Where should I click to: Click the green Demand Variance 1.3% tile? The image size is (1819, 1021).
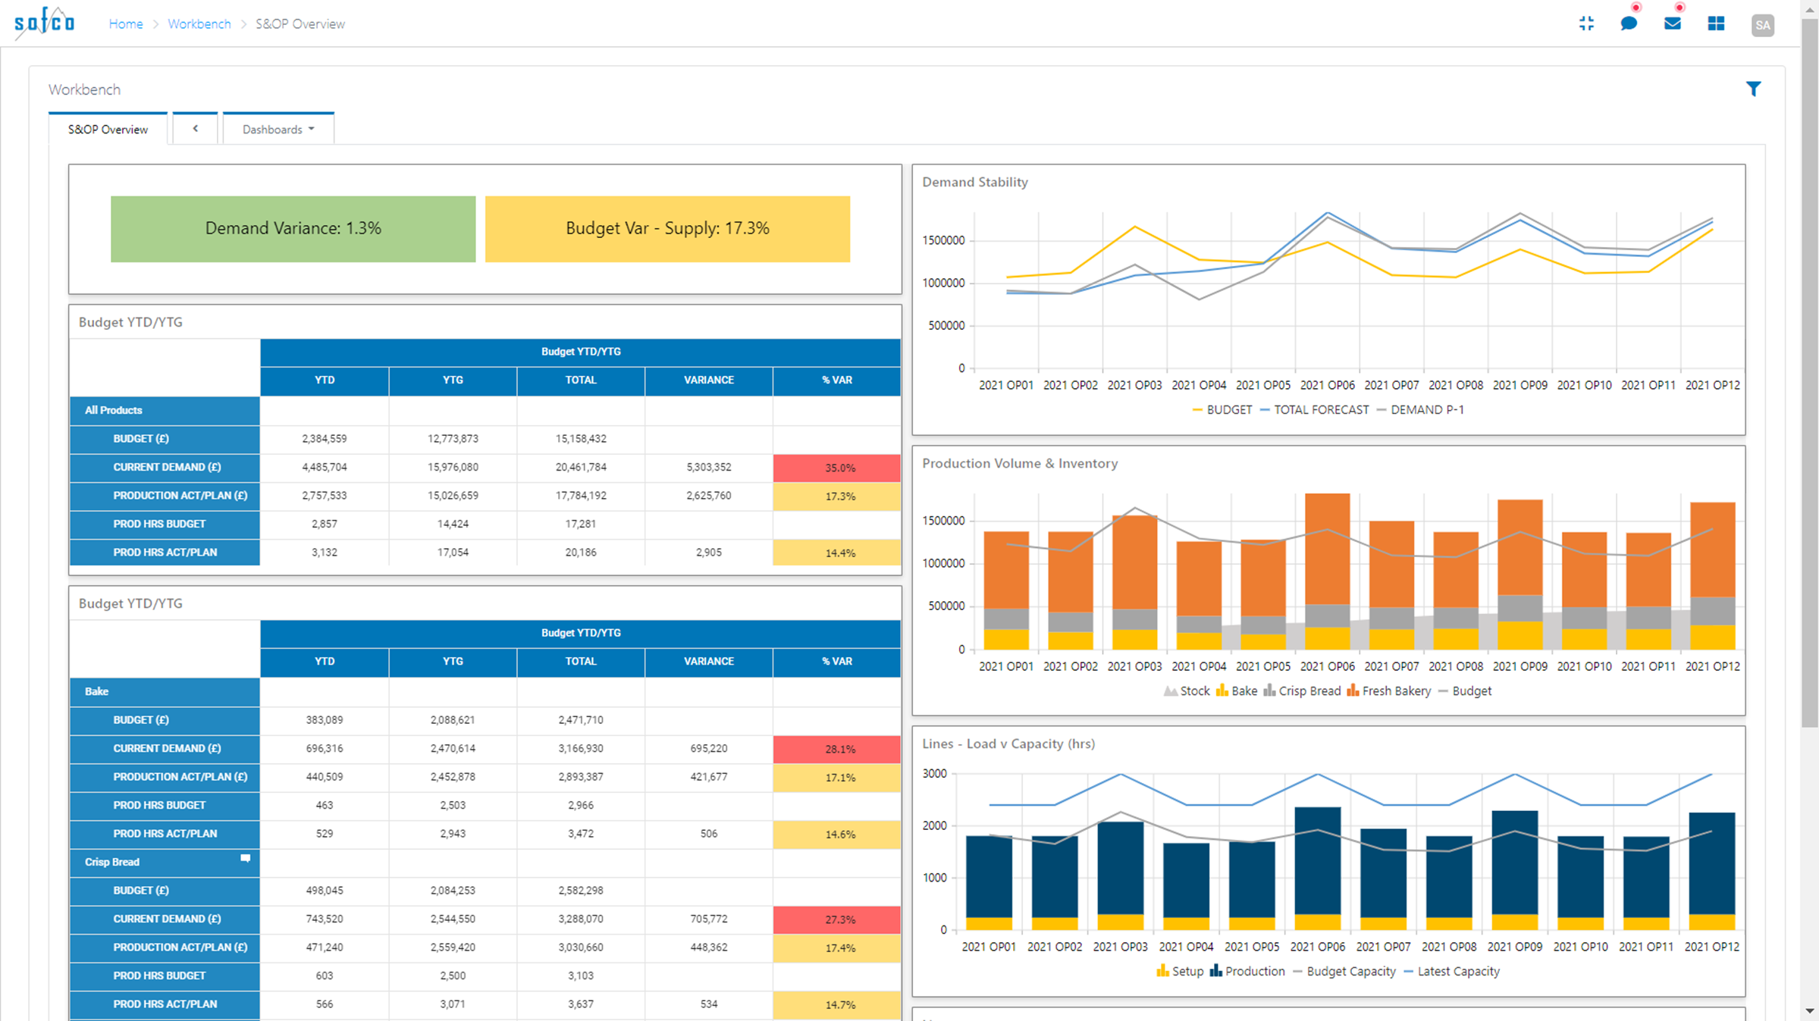293,229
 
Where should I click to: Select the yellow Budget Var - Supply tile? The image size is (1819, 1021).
667,229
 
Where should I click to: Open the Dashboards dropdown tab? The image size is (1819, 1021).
278,130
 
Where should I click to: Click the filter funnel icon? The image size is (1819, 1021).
1753,89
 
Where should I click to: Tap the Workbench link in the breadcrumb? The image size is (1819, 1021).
199,24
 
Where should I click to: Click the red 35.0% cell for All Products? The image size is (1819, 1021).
837,468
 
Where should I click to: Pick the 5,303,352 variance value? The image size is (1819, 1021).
708,467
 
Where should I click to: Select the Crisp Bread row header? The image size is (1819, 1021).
112,862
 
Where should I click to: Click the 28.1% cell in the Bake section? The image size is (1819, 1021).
837,749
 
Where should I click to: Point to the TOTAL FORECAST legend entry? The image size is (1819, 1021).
1320,410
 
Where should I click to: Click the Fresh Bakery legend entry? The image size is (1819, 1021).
1395,691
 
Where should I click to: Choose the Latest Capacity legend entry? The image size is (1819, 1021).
1457,972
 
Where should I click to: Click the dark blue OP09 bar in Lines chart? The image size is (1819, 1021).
1514,864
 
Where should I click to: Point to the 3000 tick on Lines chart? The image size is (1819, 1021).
934,774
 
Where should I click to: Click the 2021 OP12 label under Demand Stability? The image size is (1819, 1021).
1712,385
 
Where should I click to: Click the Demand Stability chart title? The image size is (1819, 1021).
974,182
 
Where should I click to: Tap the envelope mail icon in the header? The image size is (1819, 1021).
1672,24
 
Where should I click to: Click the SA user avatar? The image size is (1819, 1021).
1762,25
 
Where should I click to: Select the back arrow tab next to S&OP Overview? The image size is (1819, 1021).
196,129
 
